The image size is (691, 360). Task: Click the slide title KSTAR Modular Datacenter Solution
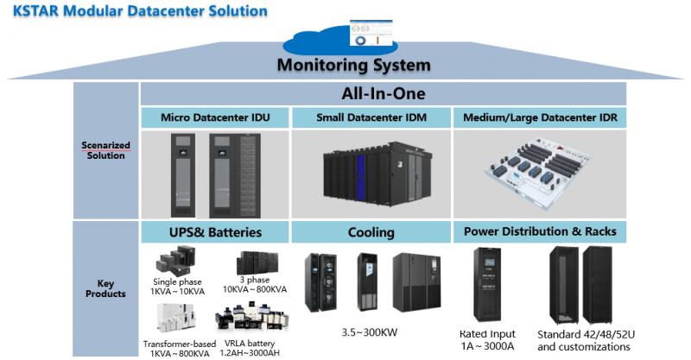[140, 10]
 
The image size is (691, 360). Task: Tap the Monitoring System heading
[354, 65]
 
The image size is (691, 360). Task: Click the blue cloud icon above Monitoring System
[339, 41]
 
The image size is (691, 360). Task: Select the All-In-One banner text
[384, 93]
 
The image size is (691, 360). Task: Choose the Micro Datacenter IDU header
[215, 117]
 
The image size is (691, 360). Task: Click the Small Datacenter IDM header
[371, 117]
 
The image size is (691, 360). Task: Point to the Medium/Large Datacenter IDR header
[541, 117]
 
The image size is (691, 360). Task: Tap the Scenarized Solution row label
[105, 150]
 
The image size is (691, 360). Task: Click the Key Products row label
[105, 288]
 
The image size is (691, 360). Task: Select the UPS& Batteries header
[215, 232]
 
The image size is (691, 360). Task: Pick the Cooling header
[371, 232]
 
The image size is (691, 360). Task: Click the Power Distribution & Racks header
[541, 231]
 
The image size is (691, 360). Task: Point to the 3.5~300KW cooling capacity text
[370, 332]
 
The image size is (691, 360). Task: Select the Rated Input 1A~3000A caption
[487, 340]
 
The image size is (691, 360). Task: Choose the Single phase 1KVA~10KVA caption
[178, 287]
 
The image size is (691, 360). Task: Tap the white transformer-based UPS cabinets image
[176, 317]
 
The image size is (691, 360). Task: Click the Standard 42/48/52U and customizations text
[586, 341]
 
